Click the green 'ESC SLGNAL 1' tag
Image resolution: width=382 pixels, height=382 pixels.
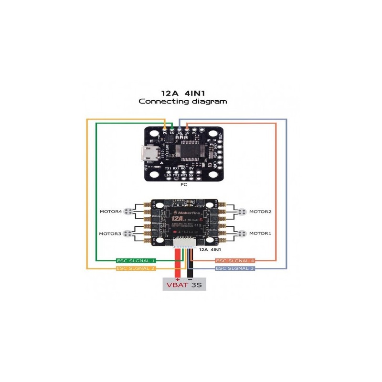click(137, 261)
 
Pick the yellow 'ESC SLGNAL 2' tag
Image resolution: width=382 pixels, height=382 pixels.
click(137, 268)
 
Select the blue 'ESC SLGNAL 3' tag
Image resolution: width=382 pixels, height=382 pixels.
click(235, 268)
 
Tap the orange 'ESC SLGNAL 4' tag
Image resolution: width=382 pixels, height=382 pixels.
click(235, 261)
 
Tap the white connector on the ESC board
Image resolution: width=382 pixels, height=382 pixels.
click(184, 243)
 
